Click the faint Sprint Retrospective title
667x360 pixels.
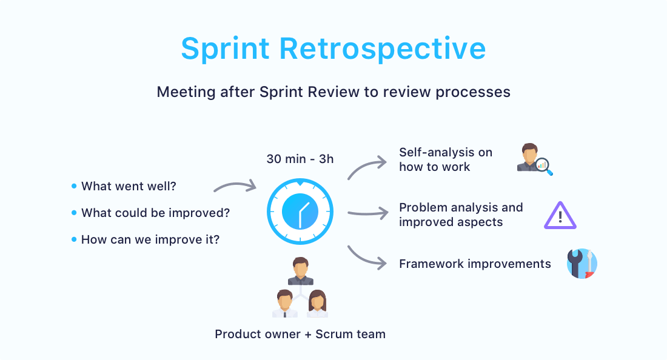[333, 49]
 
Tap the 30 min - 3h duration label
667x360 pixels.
[300, 159]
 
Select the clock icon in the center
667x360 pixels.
[300, 212]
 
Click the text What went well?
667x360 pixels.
[129, 186]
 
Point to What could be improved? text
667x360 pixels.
[155, 213]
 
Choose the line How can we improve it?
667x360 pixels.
[150, 239]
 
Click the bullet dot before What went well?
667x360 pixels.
[74, 186]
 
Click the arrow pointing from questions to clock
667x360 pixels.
[236, 186]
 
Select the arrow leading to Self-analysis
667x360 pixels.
[367, 167]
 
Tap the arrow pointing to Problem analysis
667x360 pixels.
[367, 213]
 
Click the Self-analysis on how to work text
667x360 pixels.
[445, 159]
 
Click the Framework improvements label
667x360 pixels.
[475, 264]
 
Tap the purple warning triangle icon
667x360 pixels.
[560, 216]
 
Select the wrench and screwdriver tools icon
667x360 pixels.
[582, 264]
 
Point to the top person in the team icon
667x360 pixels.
[300, 271]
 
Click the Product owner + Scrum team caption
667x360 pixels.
[300, 334]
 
